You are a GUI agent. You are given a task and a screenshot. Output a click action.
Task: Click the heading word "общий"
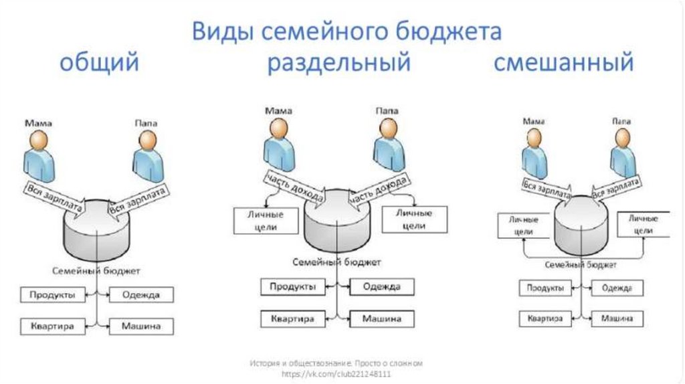pos(100,64)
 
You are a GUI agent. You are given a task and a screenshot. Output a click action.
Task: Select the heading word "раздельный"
pos(338,64)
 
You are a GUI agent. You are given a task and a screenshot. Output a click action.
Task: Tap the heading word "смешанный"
pos(563,64)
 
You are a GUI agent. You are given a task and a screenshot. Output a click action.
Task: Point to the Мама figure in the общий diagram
pos(39,153)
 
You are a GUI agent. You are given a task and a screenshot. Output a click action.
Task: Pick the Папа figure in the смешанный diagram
pos(622,153)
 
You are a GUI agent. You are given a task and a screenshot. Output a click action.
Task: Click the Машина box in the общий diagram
pos(140,327)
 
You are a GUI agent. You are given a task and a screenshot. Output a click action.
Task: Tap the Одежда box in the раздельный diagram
pos(381,288)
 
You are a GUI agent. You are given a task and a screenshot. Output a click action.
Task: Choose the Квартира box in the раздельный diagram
pos(292,320)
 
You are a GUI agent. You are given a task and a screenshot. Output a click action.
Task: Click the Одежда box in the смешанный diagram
pos(616,288)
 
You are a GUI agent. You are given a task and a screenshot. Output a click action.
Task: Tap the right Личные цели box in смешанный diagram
pos(643,224)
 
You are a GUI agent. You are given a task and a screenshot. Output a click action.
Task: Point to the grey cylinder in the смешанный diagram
pos(581,224)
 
